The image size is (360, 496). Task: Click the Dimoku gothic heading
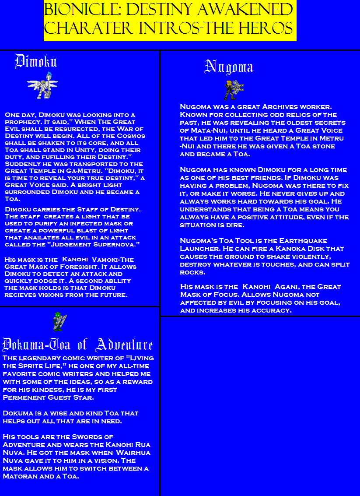pos(36,62)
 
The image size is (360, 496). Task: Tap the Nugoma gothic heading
pos(229,67)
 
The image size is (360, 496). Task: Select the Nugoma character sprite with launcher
pos(232,90)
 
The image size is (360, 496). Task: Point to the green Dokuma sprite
pos(59,322)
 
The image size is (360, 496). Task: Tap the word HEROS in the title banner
pos(267,28)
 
